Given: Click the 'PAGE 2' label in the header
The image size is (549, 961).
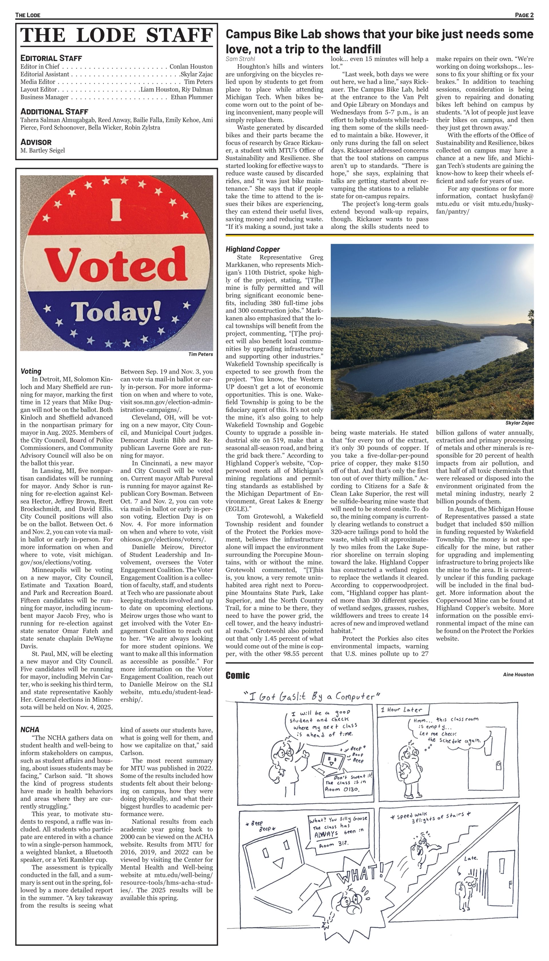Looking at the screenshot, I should (x=524, y=15).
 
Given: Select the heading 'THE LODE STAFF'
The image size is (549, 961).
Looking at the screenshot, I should (x=116, y=35).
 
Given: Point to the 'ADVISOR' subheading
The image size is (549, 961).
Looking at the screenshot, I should (x=36, y=142).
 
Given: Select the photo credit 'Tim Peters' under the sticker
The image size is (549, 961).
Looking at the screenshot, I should (x=201, y=354).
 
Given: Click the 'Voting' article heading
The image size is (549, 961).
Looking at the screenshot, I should (x=31, y=371).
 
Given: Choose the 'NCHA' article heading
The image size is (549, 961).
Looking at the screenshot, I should (x=30, y=729).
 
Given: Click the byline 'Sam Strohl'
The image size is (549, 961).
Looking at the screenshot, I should (x=240, y=59).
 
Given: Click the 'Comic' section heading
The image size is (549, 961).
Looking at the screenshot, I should (x=238, y=675).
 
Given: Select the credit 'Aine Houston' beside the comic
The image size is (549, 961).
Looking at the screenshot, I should (x=518, y=674).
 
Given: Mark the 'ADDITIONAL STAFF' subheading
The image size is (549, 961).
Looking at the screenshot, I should (x=54, y=112).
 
